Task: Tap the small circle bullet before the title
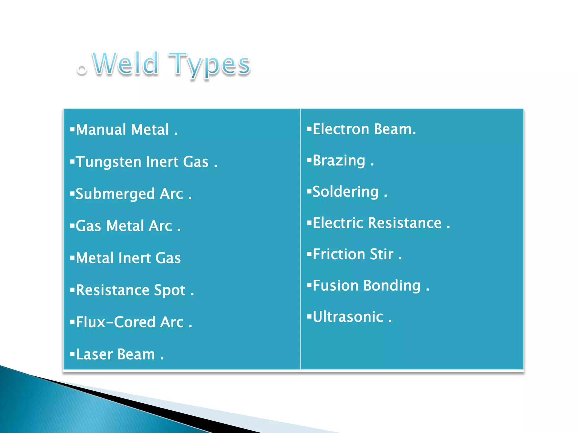point(82,70)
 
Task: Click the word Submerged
point(115,194)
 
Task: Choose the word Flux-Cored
point(115,322)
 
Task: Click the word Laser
point(94,354)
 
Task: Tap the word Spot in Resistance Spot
point(169,291)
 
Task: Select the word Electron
point(341,129)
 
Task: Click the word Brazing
point(339,161)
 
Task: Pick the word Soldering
point(345,192)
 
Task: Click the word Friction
point(339,254)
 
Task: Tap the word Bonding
point(392,286)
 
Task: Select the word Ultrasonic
point(348,317)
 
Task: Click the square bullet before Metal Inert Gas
point(73,257)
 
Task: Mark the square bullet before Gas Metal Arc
point(73,225)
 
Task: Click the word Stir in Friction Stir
point(382,254)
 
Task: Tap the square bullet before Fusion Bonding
point(309,285)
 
